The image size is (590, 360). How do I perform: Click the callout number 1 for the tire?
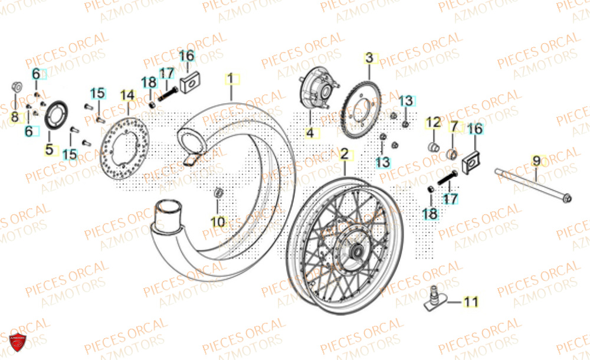point(231,78)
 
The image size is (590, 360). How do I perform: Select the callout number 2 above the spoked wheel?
point(344,155)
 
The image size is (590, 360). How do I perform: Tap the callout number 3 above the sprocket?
point(369,58)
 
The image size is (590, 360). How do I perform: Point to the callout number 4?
point(310,133)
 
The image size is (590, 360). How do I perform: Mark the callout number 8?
point(15,117)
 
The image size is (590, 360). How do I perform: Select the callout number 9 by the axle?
point(536,160)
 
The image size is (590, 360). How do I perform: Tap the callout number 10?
point(218,221)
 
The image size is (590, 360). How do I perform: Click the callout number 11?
point(470,303)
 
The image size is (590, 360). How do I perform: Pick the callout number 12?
point(434,123)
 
